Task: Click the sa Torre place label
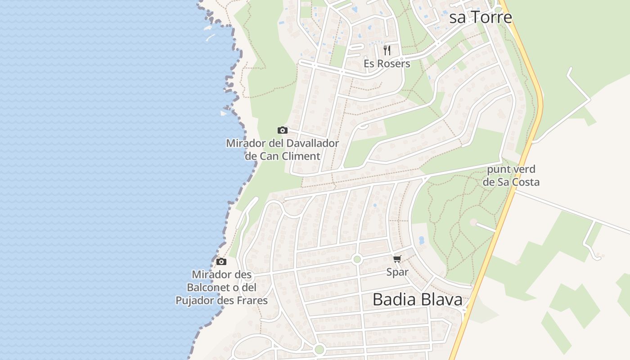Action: click(481, 17)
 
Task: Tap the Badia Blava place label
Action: click(417, 299)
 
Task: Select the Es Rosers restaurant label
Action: click(387, 63)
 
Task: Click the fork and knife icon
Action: click(387, 50)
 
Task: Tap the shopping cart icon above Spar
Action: click(397, 259)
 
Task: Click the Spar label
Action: click(397, 272)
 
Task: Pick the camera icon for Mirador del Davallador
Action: click(282, 130)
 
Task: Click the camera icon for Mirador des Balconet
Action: click(221, 261)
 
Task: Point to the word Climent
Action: click(299, 156)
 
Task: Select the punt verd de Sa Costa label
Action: click(511, 176)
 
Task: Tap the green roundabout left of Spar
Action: click(357, 259)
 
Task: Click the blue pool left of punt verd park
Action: click(422, 240)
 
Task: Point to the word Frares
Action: click(248, 301)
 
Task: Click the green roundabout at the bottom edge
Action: click(319, 349)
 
